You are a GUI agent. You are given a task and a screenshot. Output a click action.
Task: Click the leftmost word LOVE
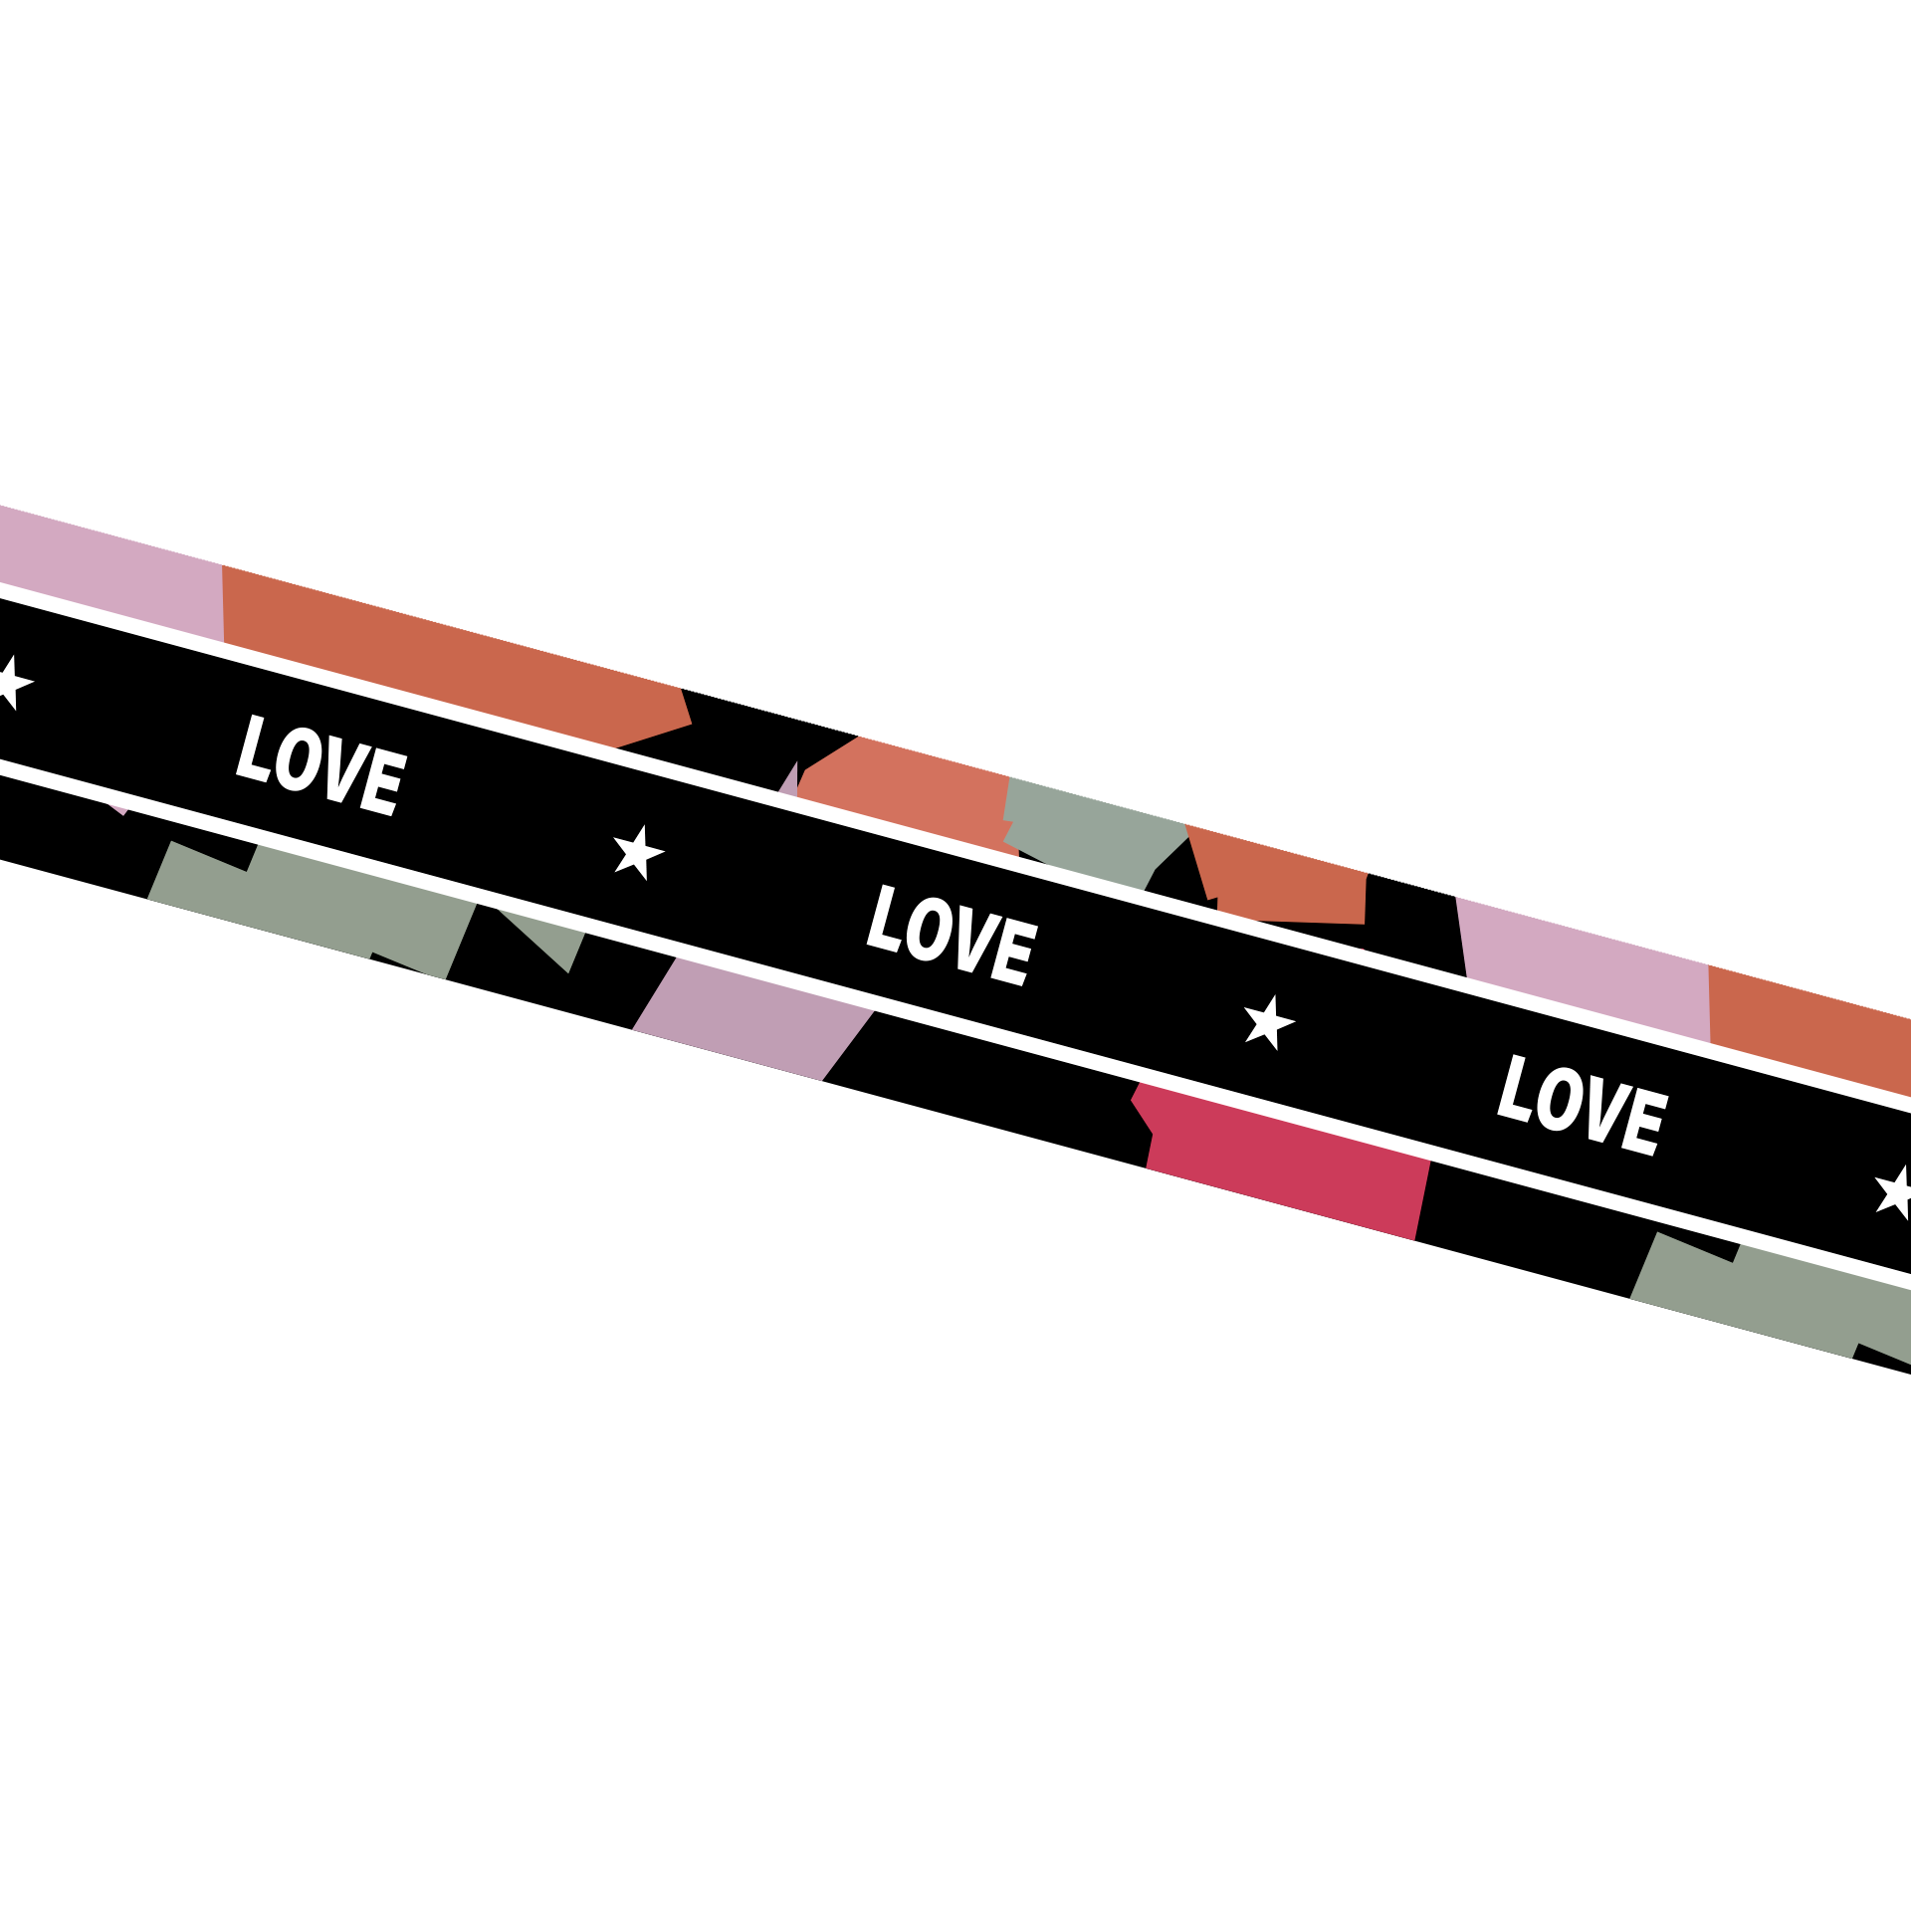(321, 764)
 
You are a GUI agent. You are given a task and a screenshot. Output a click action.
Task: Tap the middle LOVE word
(953, 935)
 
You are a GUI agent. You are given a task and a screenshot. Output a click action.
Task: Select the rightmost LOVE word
(1583, 1105)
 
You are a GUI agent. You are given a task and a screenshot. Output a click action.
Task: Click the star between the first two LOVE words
(638, 852)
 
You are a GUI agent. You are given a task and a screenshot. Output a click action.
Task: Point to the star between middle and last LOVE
(1269, 1022)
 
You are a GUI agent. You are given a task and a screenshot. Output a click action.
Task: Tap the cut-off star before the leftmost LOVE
(12, 683)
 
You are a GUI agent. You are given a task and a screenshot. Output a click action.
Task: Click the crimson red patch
(1284, 1161)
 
